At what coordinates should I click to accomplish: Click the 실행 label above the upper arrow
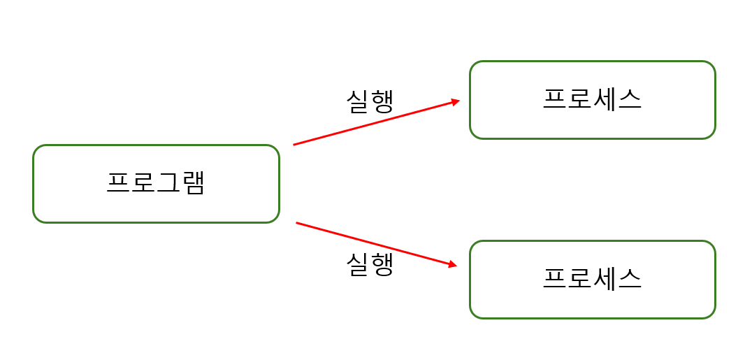370,101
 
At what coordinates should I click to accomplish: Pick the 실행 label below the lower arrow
370,264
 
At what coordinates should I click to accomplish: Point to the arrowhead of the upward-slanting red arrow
456,102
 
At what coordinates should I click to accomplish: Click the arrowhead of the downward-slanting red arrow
453,265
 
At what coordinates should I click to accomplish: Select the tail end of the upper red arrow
294,145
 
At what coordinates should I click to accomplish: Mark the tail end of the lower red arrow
297,223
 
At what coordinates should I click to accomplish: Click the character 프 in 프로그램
118,182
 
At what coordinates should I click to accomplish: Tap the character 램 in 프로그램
193,182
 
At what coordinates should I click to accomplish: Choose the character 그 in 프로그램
168,182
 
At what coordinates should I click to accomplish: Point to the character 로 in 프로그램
143,182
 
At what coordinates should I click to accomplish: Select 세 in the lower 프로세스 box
605,279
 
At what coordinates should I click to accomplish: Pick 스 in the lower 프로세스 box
630,279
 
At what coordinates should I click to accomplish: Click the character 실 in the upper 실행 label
358,101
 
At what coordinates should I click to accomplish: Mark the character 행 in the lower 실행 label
382,264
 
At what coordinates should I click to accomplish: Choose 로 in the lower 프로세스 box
579,279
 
